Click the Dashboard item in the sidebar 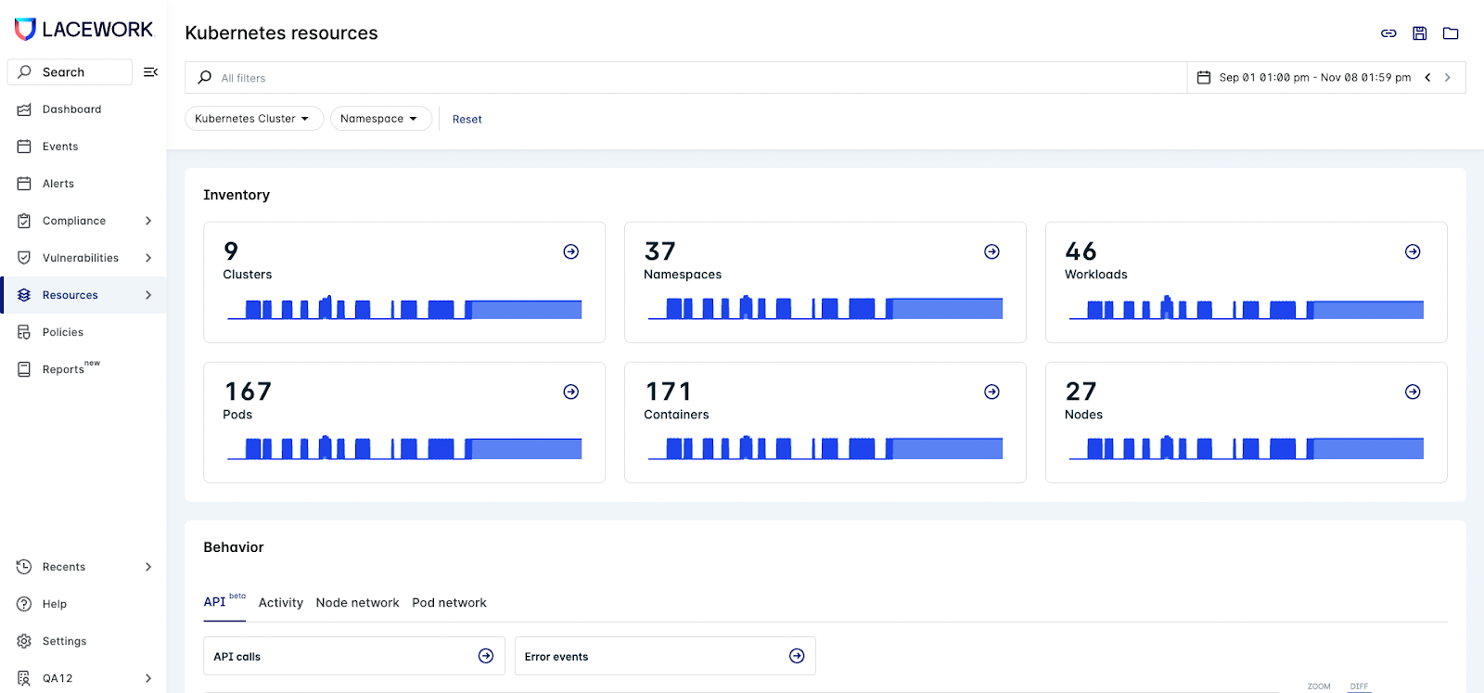(71, 109)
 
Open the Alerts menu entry (58, 184)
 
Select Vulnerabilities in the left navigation (80, 258)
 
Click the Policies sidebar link (62, 332)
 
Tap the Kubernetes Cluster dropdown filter (253, 119)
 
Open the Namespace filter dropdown (380, 119)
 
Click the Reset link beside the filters (467, 120)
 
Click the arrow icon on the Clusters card (571, 251)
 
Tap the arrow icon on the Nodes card (1413, 391)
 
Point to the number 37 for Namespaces (660, 251)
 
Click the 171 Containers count (668, 391)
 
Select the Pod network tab (449, 603)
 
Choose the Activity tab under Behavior (280, 603)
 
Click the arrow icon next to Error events (797, 656)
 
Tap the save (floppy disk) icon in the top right (1419, 33)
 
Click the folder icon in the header (1451, 33)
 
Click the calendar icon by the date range (1204, 78)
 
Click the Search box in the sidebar (70, 72)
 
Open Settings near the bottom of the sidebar (64, 641)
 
